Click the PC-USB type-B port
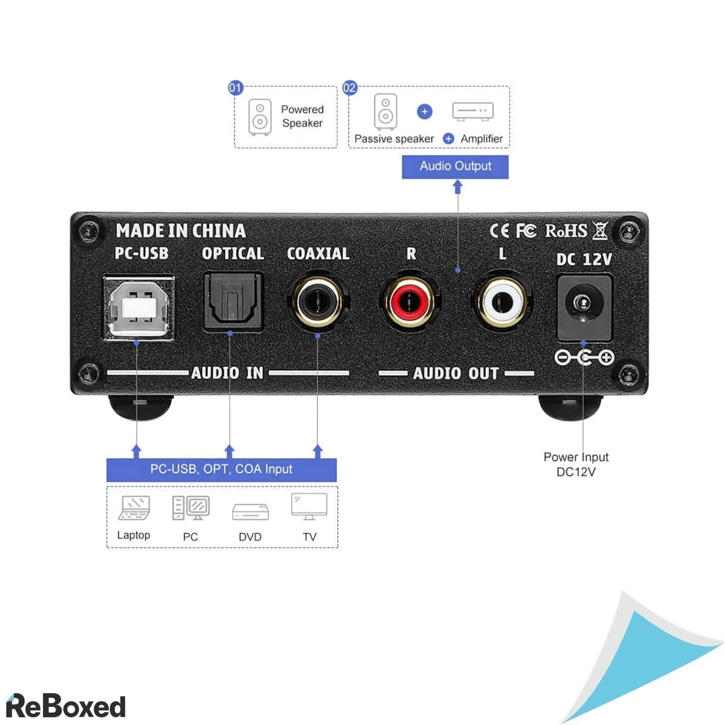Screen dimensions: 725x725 [138, 308]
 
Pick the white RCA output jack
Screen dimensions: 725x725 [502, 300]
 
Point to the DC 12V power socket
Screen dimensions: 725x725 [583, 306]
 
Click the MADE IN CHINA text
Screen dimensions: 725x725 [181, 231]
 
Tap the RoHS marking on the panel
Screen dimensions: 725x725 [566, 231]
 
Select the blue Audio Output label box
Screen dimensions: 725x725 [455, 166]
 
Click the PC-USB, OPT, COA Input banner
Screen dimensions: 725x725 [221, 469]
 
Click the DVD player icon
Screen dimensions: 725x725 [250, 512]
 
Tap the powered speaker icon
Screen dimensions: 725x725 [259, 117]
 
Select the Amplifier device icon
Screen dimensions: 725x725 [472, 111]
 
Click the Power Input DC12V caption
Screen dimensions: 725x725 [576, 464]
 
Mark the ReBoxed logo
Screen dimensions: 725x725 [65, 706]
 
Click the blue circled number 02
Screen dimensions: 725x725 [350, 88]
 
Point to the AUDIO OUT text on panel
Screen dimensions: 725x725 [456, 373]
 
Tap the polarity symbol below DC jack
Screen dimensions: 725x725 [584, 358]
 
